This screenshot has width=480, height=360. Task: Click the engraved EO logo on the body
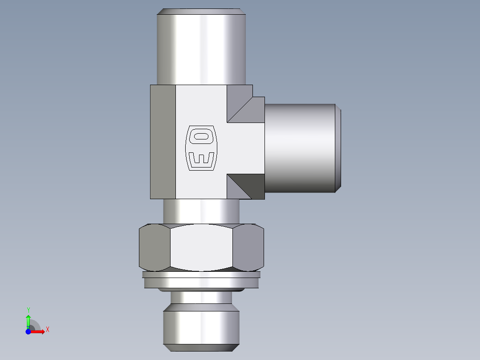(201, 147)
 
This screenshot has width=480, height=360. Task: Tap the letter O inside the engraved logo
(201, 136)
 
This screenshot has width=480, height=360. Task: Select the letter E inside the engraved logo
(201, 159)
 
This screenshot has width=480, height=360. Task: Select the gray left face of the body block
(163, 141)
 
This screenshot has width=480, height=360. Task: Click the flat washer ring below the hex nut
(201, 281)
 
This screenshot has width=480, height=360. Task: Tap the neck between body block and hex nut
(201, 211)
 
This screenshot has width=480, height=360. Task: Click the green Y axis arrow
(28, 319)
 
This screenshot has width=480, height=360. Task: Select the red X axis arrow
(38, 331)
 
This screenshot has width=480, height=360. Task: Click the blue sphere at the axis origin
(28, 331)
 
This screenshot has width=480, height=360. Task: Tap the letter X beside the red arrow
(47, 330)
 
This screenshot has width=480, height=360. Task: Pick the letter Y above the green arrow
(28, 309)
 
